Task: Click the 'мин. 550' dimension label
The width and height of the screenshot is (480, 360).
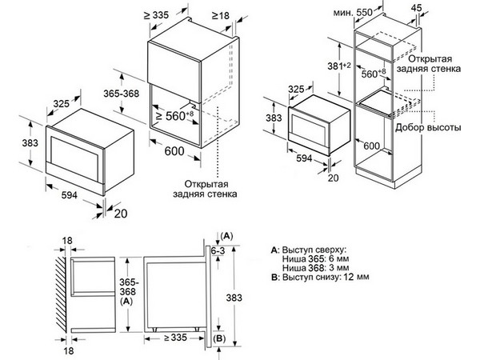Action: click(x=353, y=13)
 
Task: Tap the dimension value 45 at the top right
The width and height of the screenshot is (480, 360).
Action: click(x=416, y=8)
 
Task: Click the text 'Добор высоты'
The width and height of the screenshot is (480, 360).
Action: click(x=428, y=127)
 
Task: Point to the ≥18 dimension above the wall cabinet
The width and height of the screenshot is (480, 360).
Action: click(x=220, y=15)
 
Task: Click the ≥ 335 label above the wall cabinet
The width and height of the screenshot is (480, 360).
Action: click(x=157, y=15)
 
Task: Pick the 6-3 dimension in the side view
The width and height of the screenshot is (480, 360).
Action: click(x=218, y=250)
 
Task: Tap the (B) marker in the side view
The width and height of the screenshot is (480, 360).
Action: click(x=219, y=338)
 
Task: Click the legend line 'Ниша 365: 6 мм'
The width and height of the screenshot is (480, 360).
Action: click(x=315, y=258)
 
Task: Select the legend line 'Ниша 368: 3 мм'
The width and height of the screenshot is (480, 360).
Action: click(x=315, y=268)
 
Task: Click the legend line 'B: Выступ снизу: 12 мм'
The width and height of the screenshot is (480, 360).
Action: click(x=320, y=277)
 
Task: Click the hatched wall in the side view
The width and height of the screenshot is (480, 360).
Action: click(x=61, y=294)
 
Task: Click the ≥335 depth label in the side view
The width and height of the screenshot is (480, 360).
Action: click(x=175, y=338)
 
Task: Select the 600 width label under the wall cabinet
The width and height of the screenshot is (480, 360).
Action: click(x=174, y=151)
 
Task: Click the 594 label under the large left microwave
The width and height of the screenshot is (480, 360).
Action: click(x=70, y=194)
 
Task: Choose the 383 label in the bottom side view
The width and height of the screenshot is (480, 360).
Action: click(x=234, y=298)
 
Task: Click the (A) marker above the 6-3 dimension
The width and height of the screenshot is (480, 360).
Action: click(x=227, y=236)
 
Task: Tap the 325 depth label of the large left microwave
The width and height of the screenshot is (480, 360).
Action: click(x=62, y=104)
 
